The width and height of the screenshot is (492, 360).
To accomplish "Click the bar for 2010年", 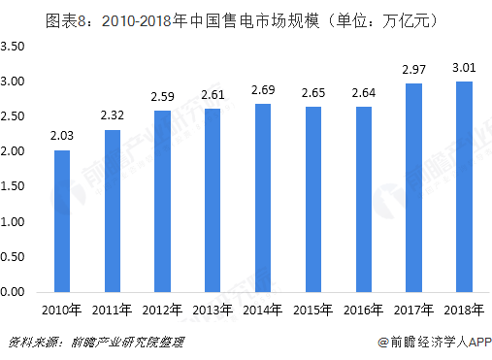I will point(61,220).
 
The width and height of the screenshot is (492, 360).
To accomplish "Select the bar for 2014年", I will point(263,197).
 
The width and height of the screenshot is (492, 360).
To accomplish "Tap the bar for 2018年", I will point(465,186).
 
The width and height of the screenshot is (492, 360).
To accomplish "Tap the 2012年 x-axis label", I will point(162,311).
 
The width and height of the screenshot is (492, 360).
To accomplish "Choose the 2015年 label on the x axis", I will point(313,311).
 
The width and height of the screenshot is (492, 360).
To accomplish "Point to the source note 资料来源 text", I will point(95,343).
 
